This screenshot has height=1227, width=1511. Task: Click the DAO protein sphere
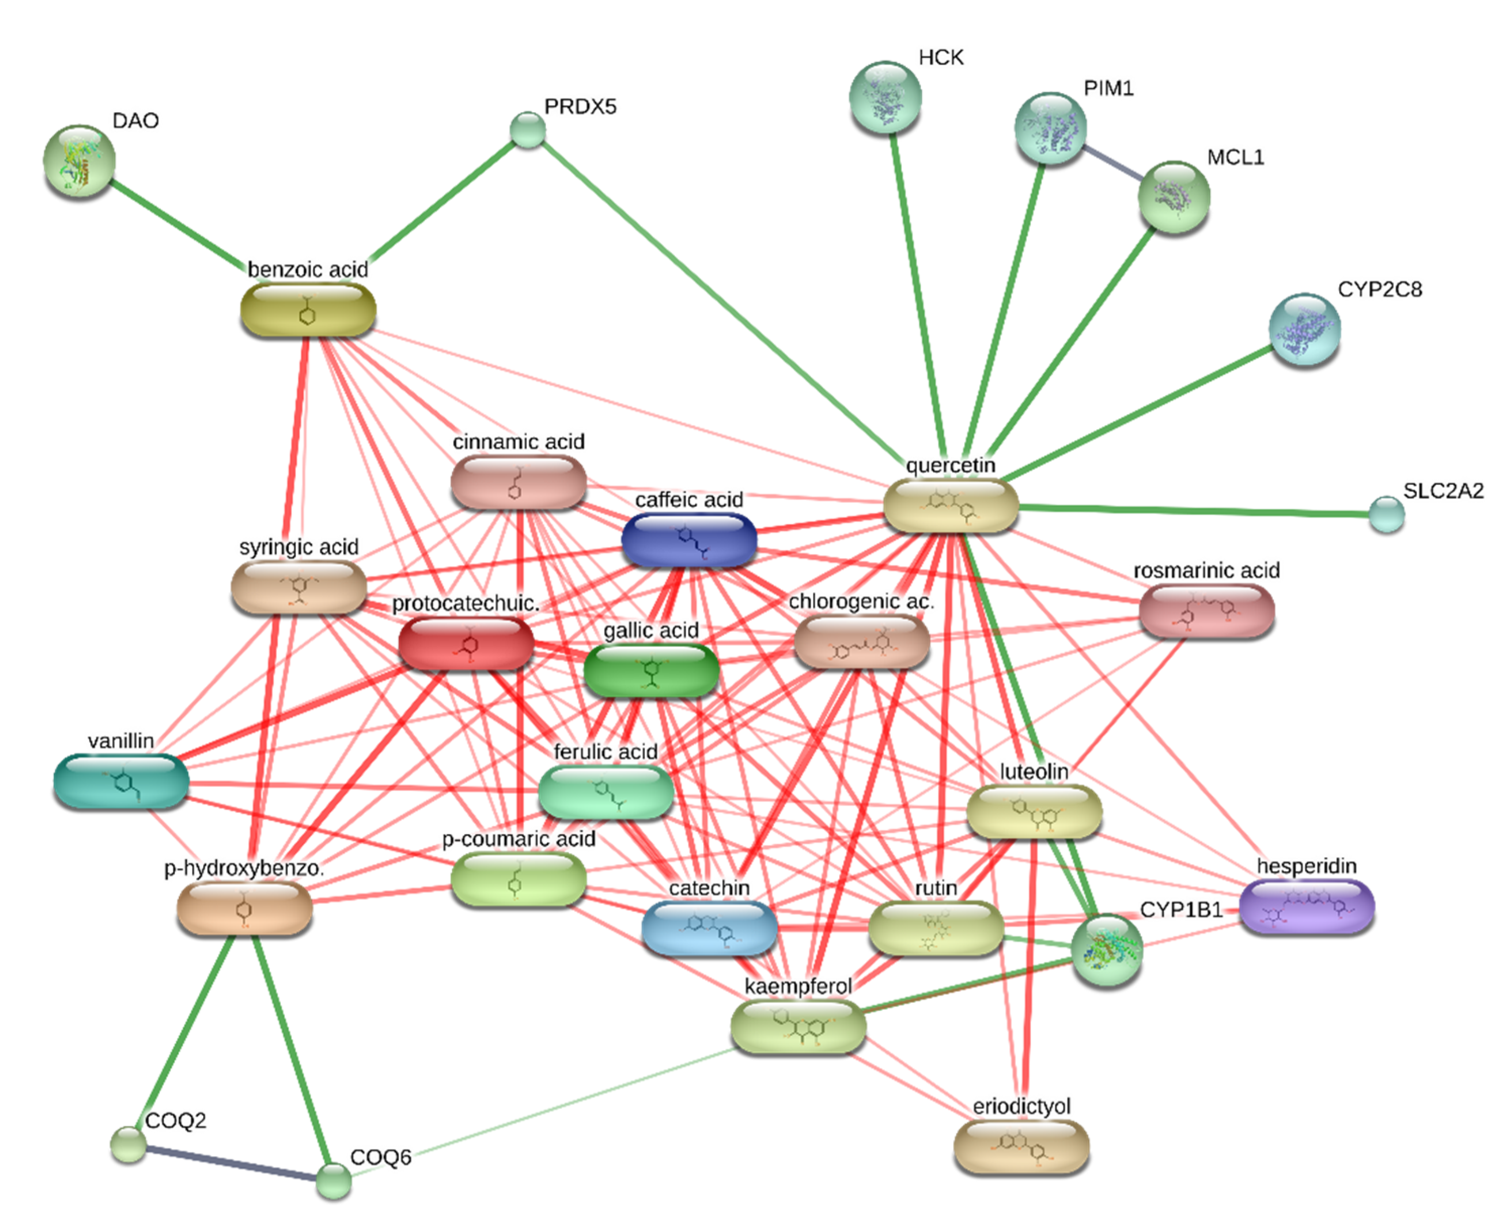(x=79, y=162)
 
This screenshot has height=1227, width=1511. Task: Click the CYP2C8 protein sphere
(x=1304, y=330)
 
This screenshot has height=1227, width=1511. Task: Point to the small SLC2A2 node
(x=1386, y=514)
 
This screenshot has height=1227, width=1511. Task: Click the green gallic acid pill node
(x=651, y=670)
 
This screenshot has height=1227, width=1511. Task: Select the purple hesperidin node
(x=1307, y=907)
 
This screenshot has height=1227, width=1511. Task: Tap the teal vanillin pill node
(x=121, y=781)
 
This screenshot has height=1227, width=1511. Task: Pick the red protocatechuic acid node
(x=466, y=643)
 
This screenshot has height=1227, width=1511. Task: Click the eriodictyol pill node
(x=1021, y=1148)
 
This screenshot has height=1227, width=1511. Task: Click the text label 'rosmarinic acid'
(x=1206, y=570)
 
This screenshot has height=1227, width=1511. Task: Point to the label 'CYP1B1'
(x=1181, y=910)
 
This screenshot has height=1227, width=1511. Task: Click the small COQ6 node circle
(x=333, y=1180)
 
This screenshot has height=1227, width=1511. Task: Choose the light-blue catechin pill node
(x=709, y=929)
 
